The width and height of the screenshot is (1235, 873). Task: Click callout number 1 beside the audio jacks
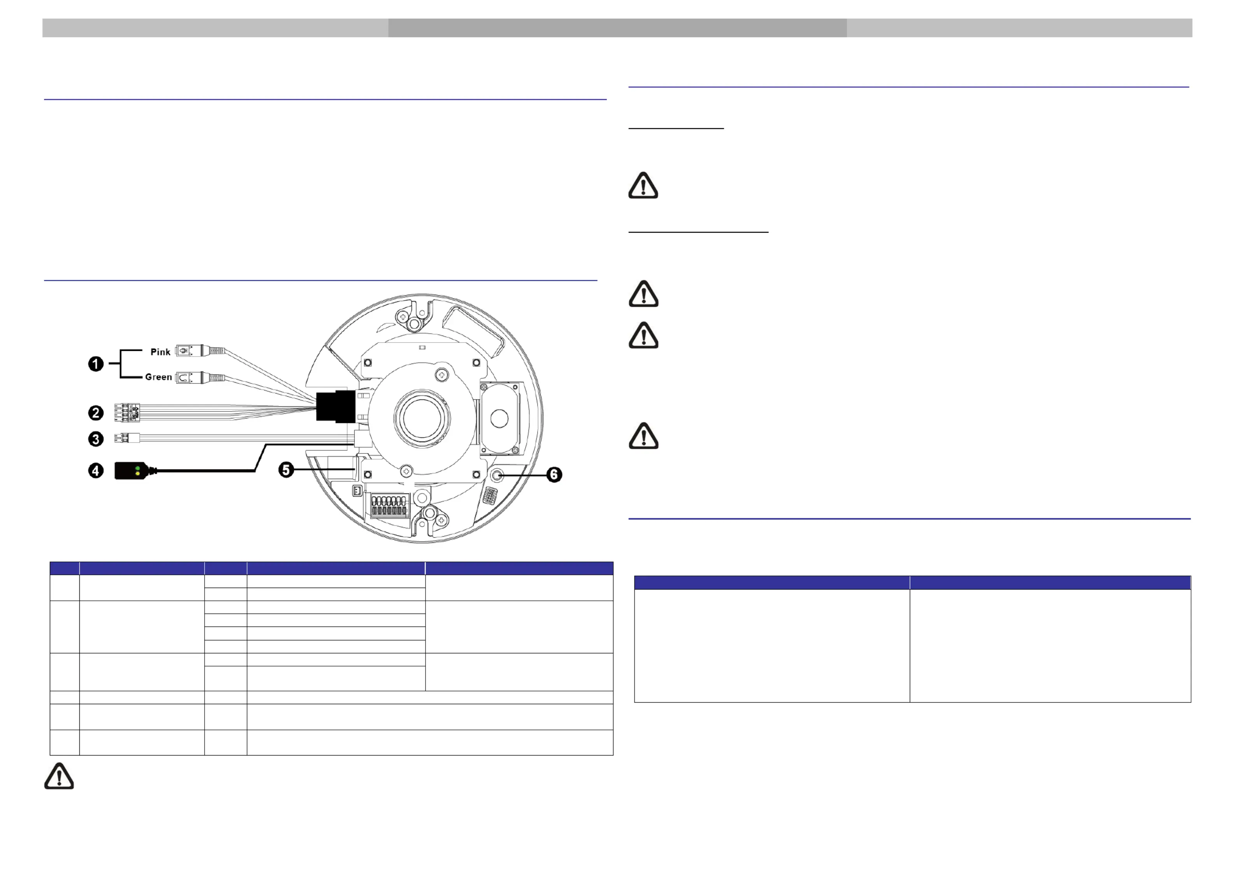pyautogui.click(x=96, y=364)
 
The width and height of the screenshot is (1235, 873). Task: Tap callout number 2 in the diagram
pyautogui.click(x=96, y=413)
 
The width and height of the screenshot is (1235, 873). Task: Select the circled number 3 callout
pyautogui.click(x=96, y=439)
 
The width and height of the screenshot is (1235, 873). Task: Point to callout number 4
pyautogui.click(x=96, y=471)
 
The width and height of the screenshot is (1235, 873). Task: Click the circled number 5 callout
pyautogui.click(x=286, y=470)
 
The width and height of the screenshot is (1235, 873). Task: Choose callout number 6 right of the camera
pyautogui.click(x=554, y=475)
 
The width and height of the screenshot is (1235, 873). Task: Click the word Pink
pyautogui.click(x=160, y=352)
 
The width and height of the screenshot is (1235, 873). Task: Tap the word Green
pyautogui.click(x=159, y=377)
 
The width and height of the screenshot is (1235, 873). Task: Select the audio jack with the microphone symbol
pyautogui.click(x=200, y=351)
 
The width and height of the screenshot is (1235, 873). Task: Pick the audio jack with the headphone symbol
pyautogui.click(x=200, y=378)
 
